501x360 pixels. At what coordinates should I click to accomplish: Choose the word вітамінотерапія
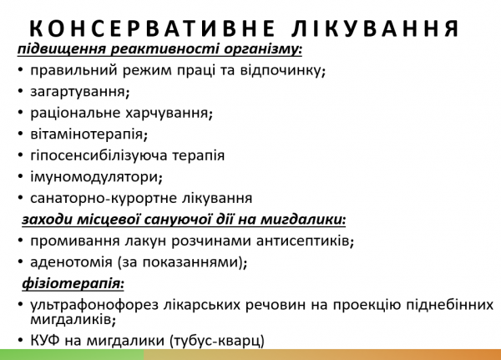coord(86,134)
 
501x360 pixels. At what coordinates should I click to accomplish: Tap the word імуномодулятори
coord(93,177)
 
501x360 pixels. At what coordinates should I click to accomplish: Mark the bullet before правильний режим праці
coord(19,70)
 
